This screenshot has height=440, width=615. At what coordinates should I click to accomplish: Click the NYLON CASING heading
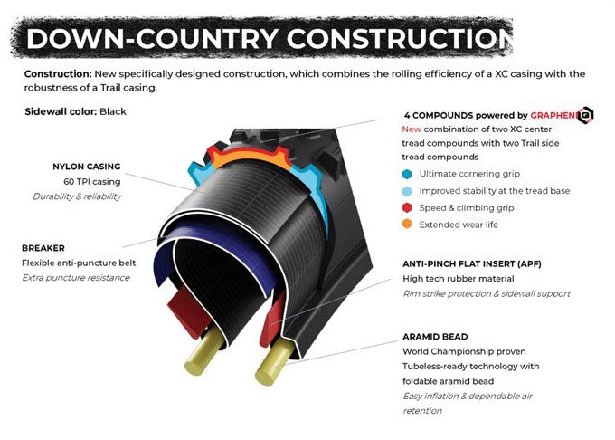point(87,167)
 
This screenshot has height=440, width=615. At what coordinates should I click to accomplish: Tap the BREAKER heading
point(43,248)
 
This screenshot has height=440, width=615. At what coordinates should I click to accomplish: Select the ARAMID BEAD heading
point(435,337)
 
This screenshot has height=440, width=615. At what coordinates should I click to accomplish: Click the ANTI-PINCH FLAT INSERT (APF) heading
point(472,263)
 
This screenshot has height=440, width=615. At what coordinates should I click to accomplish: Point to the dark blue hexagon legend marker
point(407,174)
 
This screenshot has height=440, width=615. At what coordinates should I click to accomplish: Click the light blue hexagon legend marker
point(407,191)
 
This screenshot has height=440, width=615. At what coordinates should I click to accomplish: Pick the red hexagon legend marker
point(407,207)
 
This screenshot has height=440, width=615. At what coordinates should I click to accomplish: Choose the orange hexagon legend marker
point(407,225)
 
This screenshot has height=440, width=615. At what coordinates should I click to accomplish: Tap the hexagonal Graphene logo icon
point(585,115)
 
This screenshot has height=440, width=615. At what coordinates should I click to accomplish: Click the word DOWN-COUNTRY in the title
point(152,38)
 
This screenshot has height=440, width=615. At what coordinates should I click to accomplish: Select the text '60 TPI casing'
point(91,182)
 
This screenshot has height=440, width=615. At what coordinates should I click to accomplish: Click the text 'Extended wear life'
point(459,225)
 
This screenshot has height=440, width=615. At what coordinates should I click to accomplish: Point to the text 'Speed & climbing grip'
point(467,208)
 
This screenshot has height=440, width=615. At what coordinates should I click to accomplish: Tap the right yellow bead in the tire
point(274,361)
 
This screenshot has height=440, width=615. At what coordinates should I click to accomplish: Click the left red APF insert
point(187,312)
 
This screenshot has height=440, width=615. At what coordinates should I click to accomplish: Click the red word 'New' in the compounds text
point(412,129)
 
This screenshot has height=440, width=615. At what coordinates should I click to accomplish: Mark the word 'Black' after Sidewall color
point(113,111)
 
